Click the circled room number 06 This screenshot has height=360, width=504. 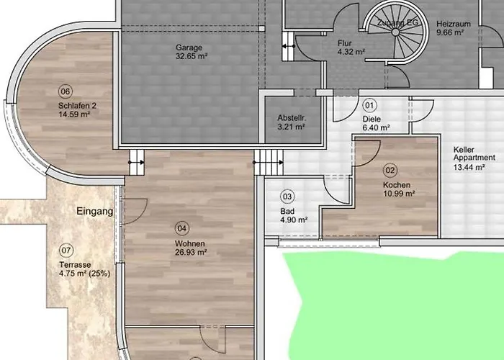pyautogui.click(x=66, y=91)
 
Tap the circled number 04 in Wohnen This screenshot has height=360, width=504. pyautogui.click(x=182, y=228)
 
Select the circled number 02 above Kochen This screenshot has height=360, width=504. pyautogui.click(x=390, y=170)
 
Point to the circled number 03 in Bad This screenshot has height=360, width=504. pyautogui.click(x=287, y=197)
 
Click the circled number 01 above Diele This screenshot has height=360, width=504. pyautogui.click(x=369, y=105)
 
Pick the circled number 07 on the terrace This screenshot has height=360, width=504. pyautogui.click(x=66, y=251)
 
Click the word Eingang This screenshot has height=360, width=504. pyautogui.click(x=95, y=211)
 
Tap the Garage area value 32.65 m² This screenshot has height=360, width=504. pyautogui.click(x=192, y=56)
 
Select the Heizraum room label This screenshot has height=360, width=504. pyautogui.click(x=454, y=24)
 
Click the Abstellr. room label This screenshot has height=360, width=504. pyautogui.click(x=292, y=118)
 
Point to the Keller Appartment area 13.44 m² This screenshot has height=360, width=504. pyautogui.click(x=469, y=167)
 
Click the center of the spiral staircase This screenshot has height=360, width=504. pyautogui.click(x=395, y=32)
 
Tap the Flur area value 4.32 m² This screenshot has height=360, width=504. pyautogui.click(x=351, y=51)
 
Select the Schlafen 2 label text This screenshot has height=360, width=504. pyautogui.click(x=77, y=105)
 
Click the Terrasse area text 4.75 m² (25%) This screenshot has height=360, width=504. pyautogui.click(x=84, y=274)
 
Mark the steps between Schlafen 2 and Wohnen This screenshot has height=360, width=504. pyautogui.click(x=137, y=162)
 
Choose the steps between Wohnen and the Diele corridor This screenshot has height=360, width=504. pyautogui.click(x=269, y=162)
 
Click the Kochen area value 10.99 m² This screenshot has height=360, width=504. pyautogui.click(x=399, y=194)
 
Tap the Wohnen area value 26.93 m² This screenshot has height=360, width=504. pyautogui.click(x=191, y=252)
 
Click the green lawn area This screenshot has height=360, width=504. pyautogui.click(x=399, y=305)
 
